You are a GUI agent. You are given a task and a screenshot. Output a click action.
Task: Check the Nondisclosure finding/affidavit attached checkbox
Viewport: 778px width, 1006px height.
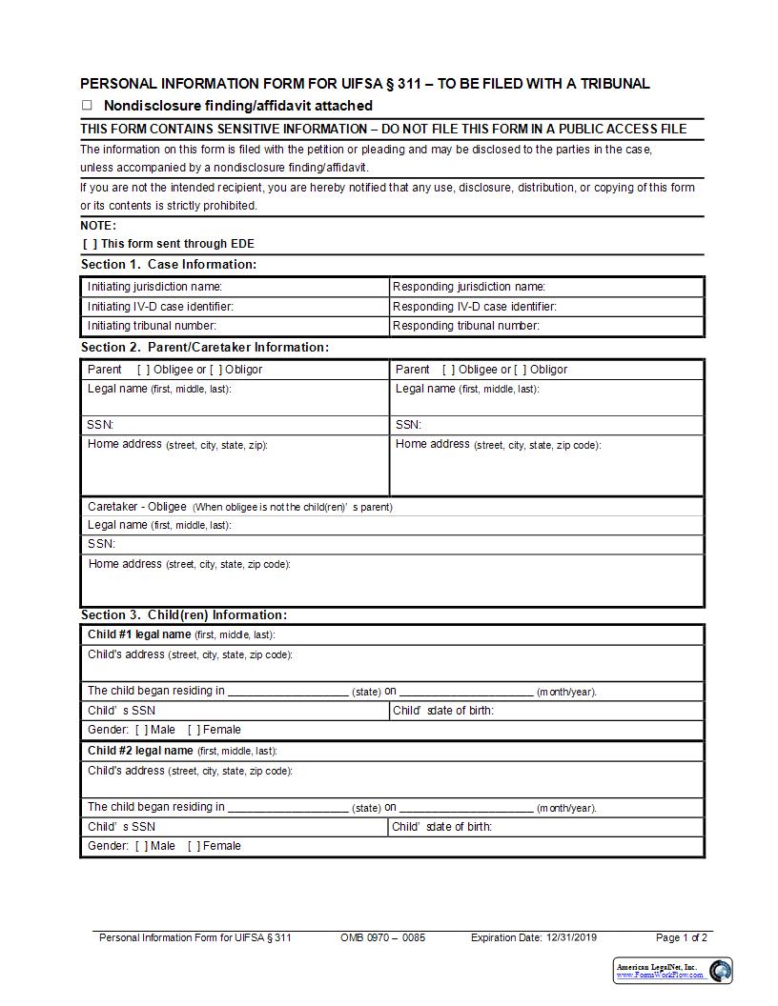coord(87,106)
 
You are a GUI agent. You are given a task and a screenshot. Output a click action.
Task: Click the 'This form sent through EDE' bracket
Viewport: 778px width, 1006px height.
coord(90,244)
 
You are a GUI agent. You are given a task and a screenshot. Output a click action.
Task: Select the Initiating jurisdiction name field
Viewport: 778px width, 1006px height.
coord(305,287)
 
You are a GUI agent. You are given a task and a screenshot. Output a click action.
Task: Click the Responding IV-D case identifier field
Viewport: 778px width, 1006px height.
coord(629,307)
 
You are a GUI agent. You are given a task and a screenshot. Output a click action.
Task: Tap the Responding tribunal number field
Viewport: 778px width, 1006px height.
coord(620,326)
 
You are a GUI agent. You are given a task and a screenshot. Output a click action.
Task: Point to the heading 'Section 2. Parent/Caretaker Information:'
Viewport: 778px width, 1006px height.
coord(204,347)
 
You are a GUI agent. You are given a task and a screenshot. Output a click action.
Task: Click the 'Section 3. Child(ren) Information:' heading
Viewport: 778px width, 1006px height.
coord(183,614)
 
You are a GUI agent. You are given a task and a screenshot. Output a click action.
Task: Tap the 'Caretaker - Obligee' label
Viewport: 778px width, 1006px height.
coord(137,507)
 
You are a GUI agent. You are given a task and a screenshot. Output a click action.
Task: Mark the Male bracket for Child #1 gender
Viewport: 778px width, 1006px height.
coord(141,730)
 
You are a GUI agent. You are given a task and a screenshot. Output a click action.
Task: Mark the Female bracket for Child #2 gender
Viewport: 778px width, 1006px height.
coord(194,846)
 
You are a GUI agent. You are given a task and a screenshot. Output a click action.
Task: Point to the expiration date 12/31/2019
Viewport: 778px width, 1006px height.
coord(571,937)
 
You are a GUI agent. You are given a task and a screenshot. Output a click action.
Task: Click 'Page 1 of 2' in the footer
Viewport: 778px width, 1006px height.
coord(681,937)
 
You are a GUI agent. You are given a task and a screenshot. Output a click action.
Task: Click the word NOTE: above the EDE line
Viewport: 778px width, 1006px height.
coord(98,226)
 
